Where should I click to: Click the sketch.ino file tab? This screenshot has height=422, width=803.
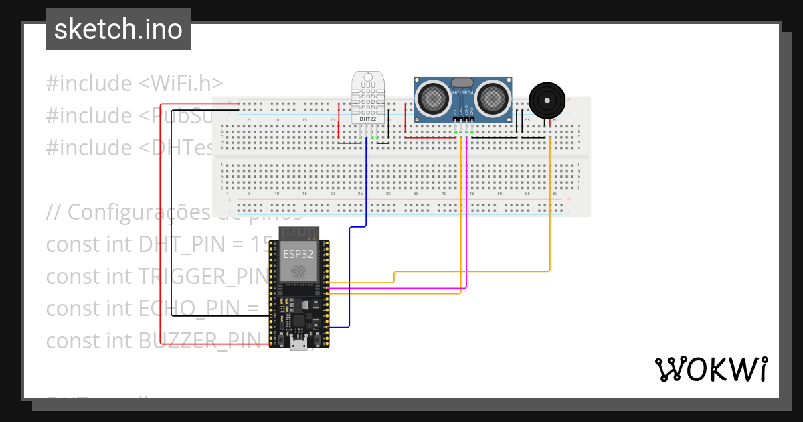pyautogui.click(x=118, y=29)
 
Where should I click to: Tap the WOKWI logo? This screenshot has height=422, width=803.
pyautogui.click(x=711, y=369)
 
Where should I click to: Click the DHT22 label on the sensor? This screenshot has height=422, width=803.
pyautogui.click(x=368, y=119)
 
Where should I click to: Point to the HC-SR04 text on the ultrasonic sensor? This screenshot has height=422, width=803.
pyautogui.click(x=463, y=93)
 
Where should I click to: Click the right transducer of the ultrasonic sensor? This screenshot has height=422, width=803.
pyautogui.click(x=493, y=98)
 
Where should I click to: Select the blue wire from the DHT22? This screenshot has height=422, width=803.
pyautogui.click(x=366, y=188)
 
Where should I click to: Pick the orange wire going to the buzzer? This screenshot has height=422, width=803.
pyautogui.click(x=550, y=201)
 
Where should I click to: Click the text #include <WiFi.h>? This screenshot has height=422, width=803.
pyautogui.click(x=134, y=84)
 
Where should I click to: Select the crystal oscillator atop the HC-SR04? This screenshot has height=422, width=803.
pyautogui.click(x=463, y=82)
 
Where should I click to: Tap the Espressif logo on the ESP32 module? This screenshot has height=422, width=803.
pyautogui.click(x=298, y=271)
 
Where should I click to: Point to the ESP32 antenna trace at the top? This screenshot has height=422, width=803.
pyautogui.click(x=298, y=234)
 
